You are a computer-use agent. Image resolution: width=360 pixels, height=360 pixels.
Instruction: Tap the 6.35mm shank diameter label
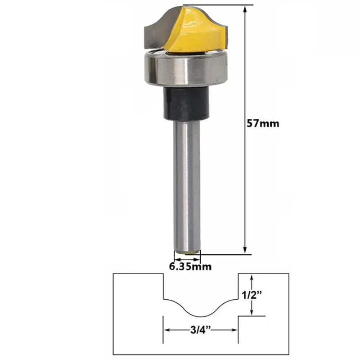point(190,266)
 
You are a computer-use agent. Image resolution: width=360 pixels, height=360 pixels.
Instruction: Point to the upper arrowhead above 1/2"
point(253,278)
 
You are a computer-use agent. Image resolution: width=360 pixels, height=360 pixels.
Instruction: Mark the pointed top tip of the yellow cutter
point(183,6)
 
